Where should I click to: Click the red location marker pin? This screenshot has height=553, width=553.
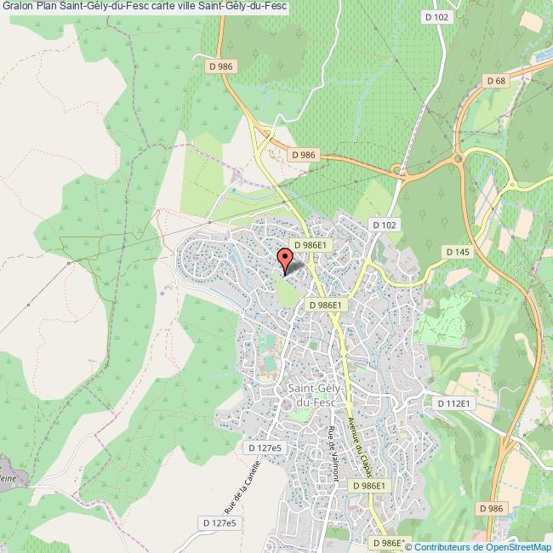[x=285, y=259]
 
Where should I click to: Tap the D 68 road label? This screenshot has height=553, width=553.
[x=496, y=81]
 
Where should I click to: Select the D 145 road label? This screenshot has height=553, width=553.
[x=457, y=252]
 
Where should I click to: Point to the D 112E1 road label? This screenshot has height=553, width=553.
[x=453, y=403]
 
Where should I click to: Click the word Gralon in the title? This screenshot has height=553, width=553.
[x=17, y=8]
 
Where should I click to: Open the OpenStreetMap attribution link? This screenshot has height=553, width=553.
[x=519, y=546]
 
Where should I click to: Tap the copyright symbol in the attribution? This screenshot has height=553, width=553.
[x=408, y=546]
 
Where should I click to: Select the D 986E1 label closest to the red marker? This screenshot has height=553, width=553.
[x=310, y=244]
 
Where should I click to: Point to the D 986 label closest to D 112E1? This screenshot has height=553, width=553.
[x=491, y=508]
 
